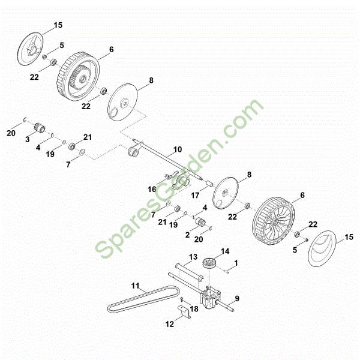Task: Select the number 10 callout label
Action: click(x=178, y=149)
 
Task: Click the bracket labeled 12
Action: click(x=185, y=311)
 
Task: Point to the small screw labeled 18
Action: click(x=181, y=299)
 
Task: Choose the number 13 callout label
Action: click(x=193, y=257)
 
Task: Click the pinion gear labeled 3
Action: click(x=39, y=128)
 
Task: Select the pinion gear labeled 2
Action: click(x=201, y=221)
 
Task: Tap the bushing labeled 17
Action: click(x=209, y=184)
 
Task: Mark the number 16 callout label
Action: click(x=152, y=190)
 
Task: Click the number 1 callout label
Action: click(x=236, y=263)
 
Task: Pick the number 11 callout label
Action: click(x=136, y=286)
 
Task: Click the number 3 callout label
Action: click(x=28, y=139)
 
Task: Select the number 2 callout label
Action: click(x=188, y=235)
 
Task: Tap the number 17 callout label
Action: click(x=195, y=196)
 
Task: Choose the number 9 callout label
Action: click(x=237, y=298)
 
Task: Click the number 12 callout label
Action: click(x=170, y=324)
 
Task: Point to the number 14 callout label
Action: click(x=225, y=251)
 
